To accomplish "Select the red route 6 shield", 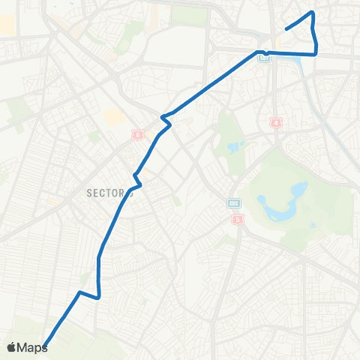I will tap(137, 133).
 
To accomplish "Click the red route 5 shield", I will tap(238, 219).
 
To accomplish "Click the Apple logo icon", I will tap(13, 347).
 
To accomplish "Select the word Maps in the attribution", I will tap(33, 347).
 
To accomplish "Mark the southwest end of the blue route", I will tap(44, 346).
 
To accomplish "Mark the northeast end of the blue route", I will tap(286, 30).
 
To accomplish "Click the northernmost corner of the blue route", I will tap(311, 13).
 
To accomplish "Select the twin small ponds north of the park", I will tap(233, 146).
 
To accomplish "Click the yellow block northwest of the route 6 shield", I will tap(114, 118).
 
